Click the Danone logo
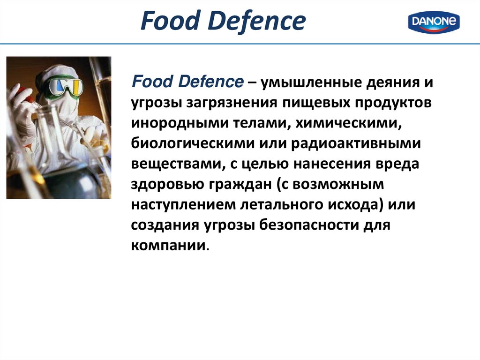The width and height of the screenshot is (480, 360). click(434, 22)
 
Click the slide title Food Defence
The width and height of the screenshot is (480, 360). click(223, 22)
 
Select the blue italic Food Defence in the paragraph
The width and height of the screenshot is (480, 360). click(187, 82)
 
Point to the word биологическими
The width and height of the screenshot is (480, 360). click(188, 143)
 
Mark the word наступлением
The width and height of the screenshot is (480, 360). click(185, 204)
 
